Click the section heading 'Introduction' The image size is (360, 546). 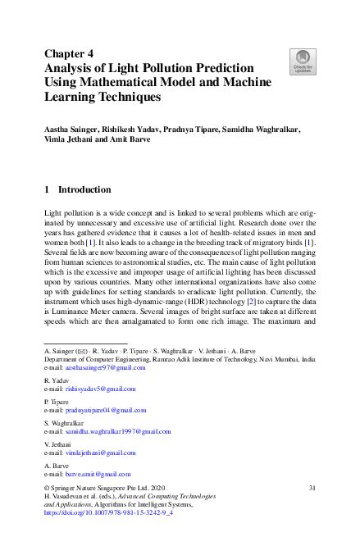(84, 189)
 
